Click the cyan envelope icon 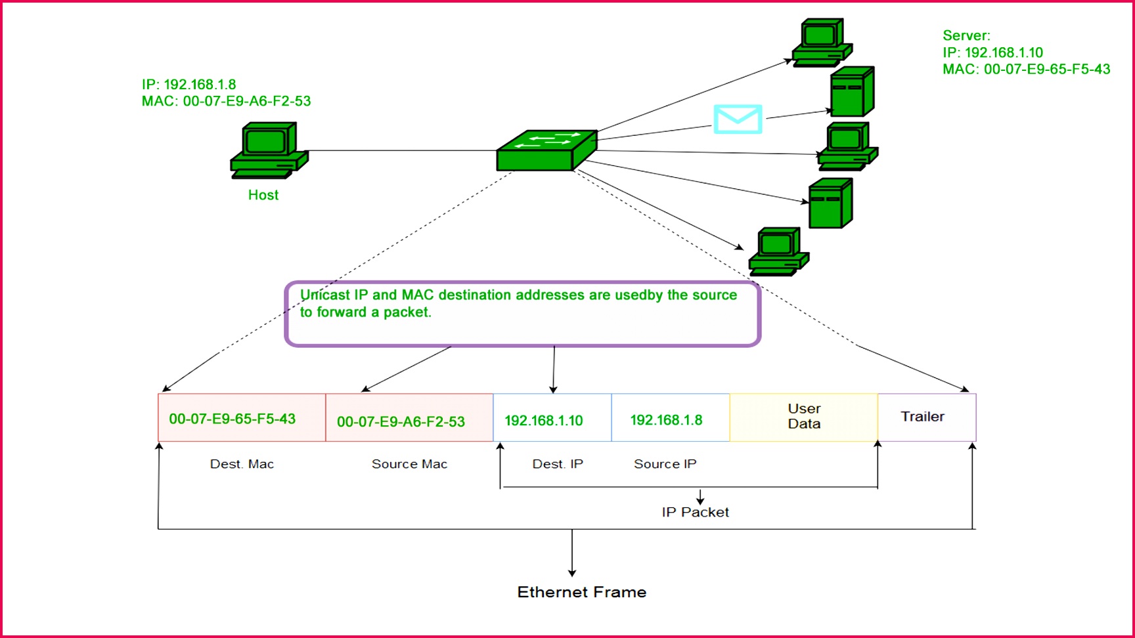[738, 119]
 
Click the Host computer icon [268, 150]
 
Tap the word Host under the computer [263, 195]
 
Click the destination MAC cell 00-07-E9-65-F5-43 [233, 419]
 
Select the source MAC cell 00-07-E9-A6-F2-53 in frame [401, 421]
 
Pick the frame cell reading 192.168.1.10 [544, 420]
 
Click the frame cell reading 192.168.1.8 [666, 420]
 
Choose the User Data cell [804, 416]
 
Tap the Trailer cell [922, 416]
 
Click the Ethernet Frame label [581, 592]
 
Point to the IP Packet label [695, 512]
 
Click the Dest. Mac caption [242, 464]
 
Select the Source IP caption [665, 464]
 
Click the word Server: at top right [966, 36]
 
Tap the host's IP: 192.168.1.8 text [189, 85]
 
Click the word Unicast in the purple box [325, 295]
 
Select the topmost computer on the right [822, 43]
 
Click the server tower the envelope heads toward [852, 92]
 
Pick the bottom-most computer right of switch [778, 252]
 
